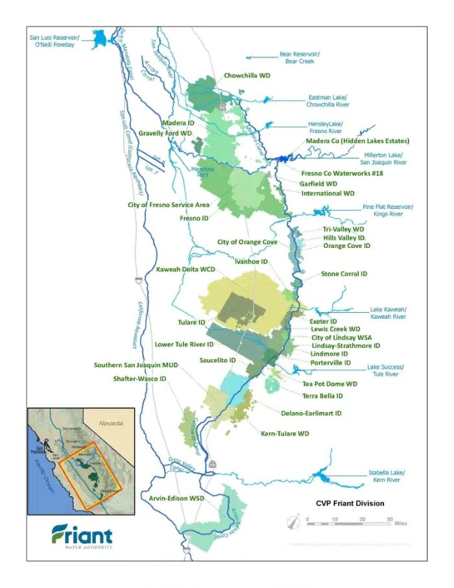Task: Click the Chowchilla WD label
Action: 246,75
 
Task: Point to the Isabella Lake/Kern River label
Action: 385,476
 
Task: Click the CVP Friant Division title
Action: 350,503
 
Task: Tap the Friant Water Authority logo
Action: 82,537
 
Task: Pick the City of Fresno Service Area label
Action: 169,204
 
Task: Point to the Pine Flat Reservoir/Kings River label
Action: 387,210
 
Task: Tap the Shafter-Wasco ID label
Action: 139,378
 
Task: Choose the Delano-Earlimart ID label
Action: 311,413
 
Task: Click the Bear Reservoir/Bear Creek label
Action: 300,58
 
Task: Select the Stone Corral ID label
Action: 344,274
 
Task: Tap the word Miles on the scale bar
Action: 400,523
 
